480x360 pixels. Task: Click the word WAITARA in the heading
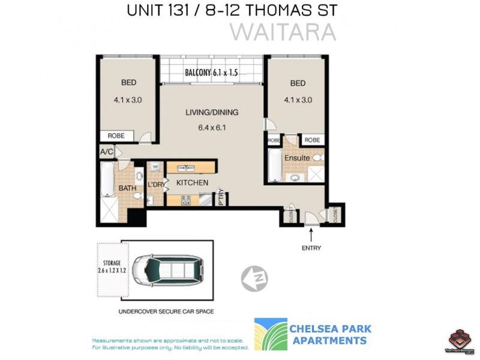pos(284,32)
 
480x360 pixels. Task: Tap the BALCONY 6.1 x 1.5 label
pos(211,73)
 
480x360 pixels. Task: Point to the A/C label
pos(107,152)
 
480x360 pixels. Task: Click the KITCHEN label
pos(192,182)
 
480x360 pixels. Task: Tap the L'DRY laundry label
pos(156,184)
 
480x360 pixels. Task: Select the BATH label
pos(127,188)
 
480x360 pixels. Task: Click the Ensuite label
pos(297,158)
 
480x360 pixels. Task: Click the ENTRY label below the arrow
pos(311,248)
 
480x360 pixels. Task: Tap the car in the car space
pos(168,270)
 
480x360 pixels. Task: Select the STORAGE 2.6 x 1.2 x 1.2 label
pos(112,267)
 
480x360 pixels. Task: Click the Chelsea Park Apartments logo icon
pos(271,334)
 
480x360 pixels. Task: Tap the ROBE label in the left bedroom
pos(116,136)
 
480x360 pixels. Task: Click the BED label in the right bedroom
pos(298,83)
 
